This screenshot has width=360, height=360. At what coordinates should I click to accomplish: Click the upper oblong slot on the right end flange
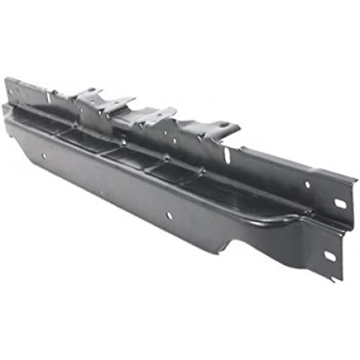pos(339,204)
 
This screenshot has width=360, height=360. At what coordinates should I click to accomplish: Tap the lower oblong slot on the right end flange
pos(330,256)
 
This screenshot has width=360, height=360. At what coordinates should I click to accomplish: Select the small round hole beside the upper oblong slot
pos(307,184)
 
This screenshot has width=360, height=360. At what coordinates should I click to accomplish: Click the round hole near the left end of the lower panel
pos(44,155)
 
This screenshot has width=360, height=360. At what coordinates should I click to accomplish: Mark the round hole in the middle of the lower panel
pos(170,214)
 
